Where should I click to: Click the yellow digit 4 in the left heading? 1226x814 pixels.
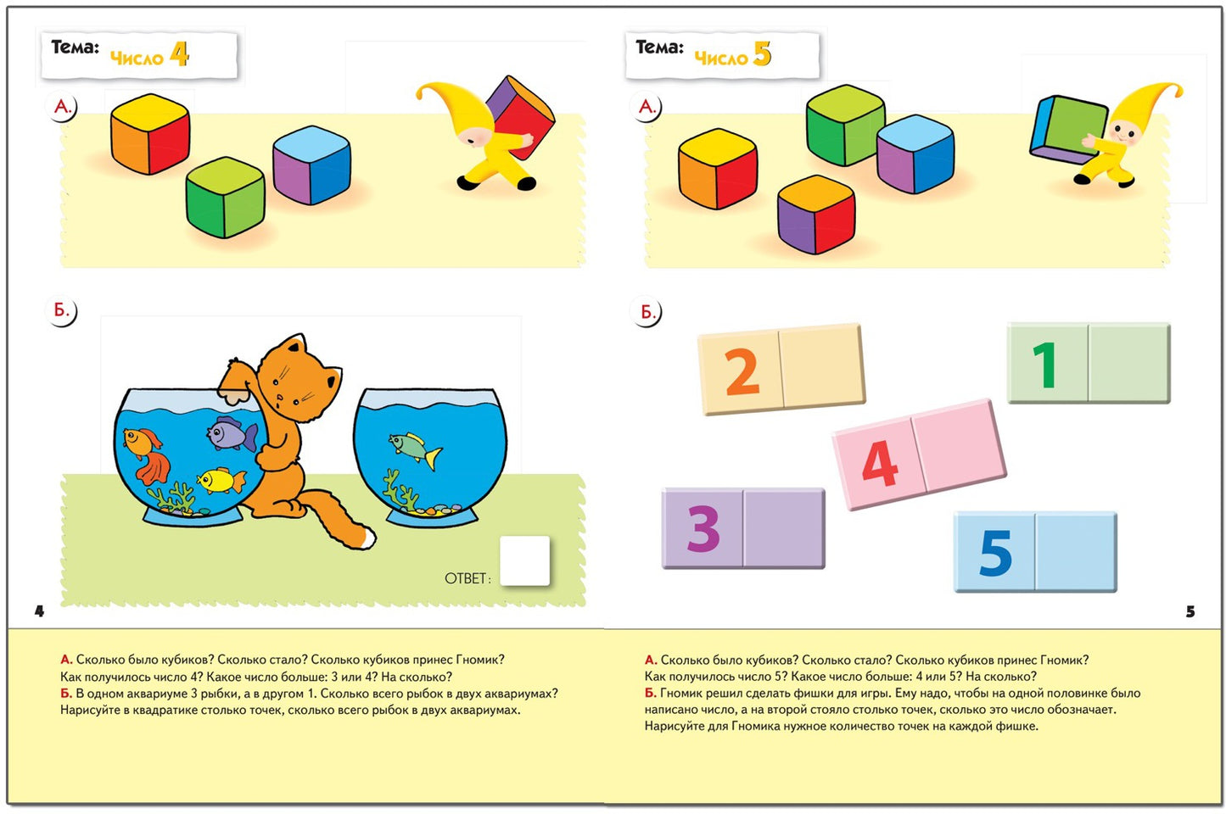coord(179,55)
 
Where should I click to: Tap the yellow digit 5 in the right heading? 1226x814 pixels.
coord(762,54)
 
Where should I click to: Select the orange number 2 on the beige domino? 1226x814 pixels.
coord(742,372)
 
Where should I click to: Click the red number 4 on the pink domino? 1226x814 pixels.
coord(880,464)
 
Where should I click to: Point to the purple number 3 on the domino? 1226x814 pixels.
coord(703,528)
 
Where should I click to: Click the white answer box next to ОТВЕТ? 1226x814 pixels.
coord(525,560)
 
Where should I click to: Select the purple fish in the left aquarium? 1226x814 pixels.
coord(232,433)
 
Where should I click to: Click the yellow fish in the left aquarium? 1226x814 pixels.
coord(221,480)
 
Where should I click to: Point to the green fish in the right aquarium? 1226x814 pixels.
coord(416,448)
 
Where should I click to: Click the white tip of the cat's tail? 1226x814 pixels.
coord(367,537)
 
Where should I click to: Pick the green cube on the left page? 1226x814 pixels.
coord(225,198)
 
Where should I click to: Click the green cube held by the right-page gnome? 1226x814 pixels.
coord(1068,130)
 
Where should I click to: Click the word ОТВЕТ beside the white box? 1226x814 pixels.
coord(467,579)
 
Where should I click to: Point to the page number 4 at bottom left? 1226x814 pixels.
coord(39,611)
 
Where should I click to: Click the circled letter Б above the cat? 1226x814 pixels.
coord(61,311)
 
